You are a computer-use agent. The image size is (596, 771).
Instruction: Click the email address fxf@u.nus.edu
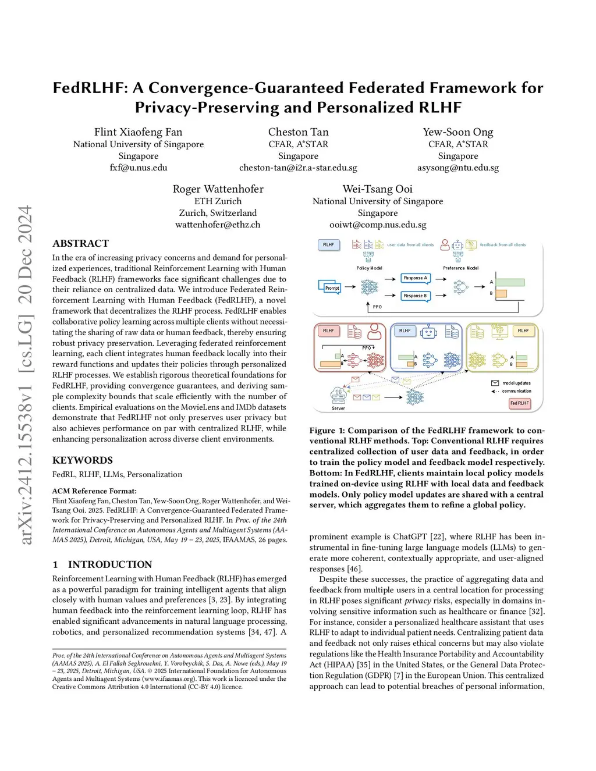tap(139, 168)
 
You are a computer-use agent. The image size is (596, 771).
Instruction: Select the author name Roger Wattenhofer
tap(218, 189)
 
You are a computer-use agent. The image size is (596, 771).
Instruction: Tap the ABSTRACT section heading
tap(80, 243)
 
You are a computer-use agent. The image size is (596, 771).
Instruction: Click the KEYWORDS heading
tap(83, 460)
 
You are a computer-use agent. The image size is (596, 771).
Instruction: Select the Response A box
tap(416, 278)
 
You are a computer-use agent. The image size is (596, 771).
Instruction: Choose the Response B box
tap(416, 296)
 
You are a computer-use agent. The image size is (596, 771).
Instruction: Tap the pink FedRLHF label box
tap(519, 403)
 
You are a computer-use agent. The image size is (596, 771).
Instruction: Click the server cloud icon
tap(338, 396)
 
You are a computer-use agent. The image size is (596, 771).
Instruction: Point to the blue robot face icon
tap(429, 332)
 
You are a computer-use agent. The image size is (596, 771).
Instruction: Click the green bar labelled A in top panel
tap(510, 283)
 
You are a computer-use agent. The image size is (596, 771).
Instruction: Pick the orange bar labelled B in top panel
tap(501, 294)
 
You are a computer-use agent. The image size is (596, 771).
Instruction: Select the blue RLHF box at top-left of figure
tap(329, 244)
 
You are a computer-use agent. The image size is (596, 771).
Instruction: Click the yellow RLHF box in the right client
tap(523, 331)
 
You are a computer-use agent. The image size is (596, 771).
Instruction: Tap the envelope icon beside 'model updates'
tap(495, 383)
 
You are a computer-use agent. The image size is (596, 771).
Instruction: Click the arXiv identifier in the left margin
tap(26, 375)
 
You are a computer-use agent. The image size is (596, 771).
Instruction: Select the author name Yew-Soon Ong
tap(458, 132)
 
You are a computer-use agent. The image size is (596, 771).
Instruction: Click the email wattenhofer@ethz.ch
tap(218, 225)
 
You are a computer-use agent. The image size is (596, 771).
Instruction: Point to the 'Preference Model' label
tap(460, 268)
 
